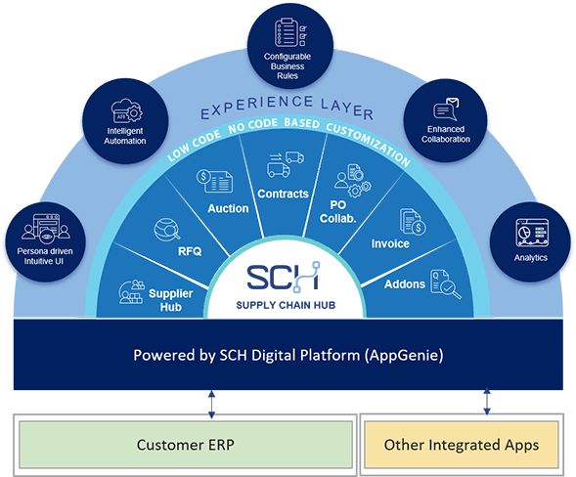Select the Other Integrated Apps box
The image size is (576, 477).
(461, 444)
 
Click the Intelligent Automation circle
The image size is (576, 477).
(126, 121)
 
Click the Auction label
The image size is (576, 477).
(228, 208)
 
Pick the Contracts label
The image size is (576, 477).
(284, 194)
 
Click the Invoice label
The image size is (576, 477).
(390, 243)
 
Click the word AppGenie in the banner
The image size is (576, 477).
(403, 354)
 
